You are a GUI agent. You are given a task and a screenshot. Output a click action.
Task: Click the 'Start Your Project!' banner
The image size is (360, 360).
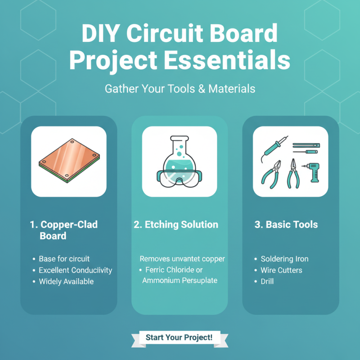click(180, 337)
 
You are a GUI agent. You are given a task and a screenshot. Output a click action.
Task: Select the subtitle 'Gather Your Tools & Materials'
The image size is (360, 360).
click(180, 89)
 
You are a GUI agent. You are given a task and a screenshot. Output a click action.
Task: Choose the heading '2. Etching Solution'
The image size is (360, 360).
click(176, 225)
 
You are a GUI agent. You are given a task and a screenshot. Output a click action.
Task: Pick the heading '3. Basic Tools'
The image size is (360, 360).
click(286, 225)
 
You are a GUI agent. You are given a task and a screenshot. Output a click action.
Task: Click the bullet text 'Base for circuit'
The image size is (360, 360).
click(64, 259)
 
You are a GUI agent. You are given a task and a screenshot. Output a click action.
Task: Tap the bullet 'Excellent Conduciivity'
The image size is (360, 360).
click(75, 270)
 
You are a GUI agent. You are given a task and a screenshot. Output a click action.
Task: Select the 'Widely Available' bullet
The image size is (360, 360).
click(66, 282)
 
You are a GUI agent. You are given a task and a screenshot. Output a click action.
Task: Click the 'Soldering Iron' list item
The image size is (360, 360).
click(284, 259)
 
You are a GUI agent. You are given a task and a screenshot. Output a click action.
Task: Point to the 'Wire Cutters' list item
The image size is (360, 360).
click(281, 270)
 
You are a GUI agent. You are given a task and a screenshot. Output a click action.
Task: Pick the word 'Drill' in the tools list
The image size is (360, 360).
click(267, 282)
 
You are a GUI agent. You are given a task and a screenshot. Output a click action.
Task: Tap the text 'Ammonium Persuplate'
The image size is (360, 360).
click(180, 280)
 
